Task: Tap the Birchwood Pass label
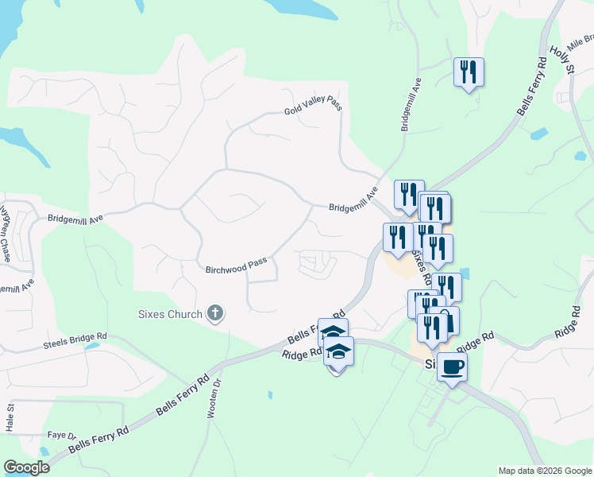pos(237,266)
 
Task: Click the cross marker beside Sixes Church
pos(214,314)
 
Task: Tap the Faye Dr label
pos(60,436)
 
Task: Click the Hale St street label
pos(11,417)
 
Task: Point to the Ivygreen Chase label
pos(6,235)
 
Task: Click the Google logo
pos(26,467)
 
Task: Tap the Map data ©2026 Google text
pos(544,471)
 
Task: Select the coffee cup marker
pos(452,367)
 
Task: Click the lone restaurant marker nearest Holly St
pos(468,72)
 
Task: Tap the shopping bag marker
pos(446,320)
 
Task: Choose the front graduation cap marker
pos(339,351)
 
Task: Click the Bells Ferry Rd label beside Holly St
pos(531,87)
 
